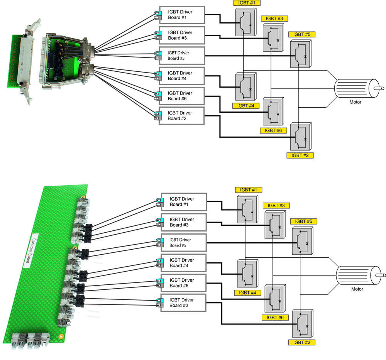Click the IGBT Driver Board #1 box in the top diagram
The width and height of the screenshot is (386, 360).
click(181, 15)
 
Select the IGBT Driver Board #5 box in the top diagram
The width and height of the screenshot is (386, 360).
click(181, 56)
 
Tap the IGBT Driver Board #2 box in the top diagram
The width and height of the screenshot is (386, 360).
click(181, 115)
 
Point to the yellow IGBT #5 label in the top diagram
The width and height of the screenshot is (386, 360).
click(302, 34)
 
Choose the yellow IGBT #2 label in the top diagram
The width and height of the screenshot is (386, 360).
click(300, 155)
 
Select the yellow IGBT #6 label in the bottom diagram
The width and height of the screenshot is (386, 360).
click(276, 318)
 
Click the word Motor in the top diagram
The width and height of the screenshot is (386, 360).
click(356, 102)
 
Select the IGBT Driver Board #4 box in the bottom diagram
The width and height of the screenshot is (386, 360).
click(183, 263)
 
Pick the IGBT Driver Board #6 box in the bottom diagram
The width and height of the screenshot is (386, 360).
click(183, 283)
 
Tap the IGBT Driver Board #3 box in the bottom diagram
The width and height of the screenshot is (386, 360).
click(183, 222)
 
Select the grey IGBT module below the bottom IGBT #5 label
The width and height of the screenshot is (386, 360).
click(303, 241)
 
